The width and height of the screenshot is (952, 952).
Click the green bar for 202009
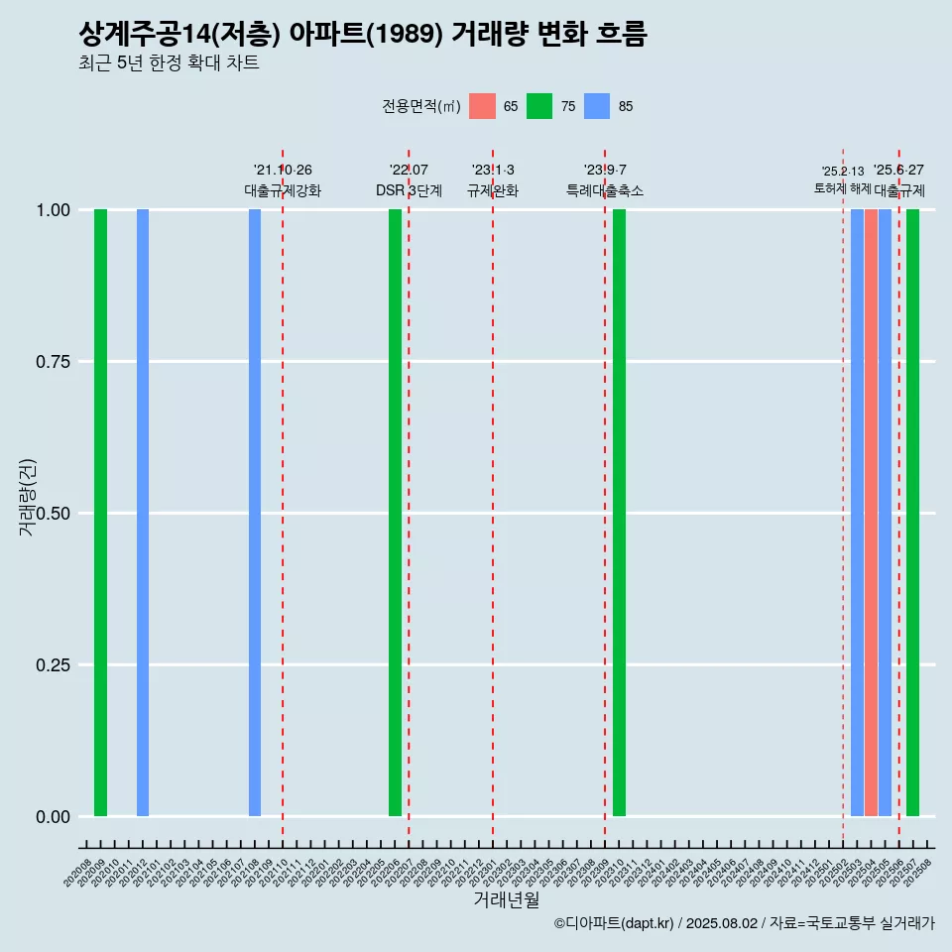(100, 513)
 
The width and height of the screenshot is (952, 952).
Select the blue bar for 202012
(143, 513)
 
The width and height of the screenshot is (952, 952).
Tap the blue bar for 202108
(255, 513)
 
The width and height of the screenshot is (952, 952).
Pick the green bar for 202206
(395, 513)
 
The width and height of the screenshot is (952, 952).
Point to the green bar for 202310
(619, 513)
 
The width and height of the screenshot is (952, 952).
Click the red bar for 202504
(871, 513)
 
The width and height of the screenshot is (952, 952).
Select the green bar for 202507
(912, 513)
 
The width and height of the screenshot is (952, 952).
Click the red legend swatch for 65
(482, 106)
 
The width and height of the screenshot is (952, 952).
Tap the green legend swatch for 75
(539, 106)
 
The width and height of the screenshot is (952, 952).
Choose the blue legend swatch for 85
(597, 106)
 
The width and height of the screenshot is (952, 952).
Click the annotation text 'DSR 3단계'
(409, 190)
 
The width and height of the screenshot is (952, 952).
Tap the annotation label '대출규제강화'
(283, 190)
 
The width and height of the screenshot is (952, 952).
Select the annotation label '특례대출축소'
(605, 190)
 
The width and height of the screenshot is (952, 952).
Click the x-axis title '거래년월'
(507, 899)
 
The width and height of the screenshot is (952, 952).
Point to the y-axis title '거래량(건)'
(28, 496)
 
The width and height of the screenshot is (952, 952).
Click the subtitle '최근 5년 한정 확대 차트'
(169, 63)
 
